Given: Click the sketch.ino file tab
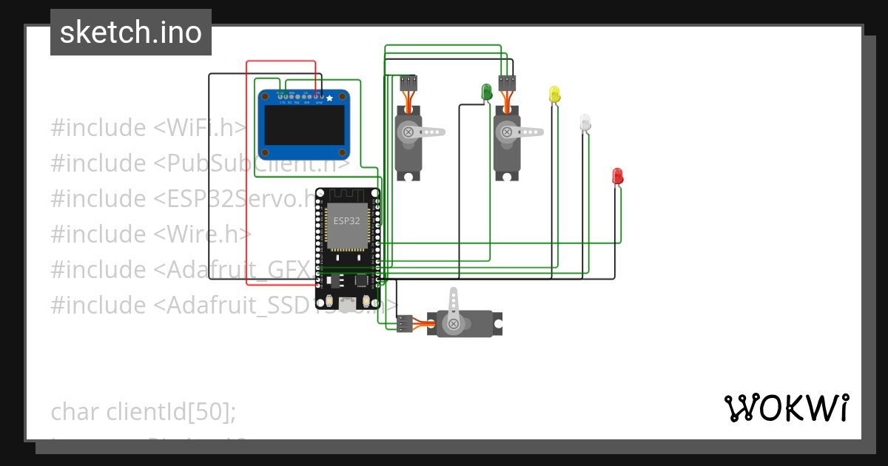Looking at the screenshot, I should (130, 33).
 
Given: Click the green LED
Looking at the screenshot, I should (487, 92).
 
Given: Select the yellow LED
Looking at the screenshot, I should (555, 94).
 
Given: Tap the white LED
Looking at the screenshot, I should (585, 122).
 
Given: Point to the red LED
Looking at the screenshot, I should (618, 176).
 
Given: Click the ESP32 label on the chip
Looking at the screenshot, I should (346, 220).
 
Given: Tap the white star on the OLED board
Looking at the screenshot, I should (329, 98).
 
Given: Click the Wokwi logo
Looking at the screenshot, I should (786, 408).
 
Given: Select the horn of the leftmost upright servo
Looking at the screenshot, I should (425, 132).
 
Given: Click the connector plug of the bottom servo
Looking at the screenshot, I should (405, 323).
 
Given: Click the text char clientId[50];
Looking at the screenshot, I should (144, 411).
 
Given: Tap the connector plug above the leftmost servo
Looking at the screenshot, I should (409, 82).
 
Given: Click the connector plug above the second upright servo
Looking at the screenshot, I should (507, 82).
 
